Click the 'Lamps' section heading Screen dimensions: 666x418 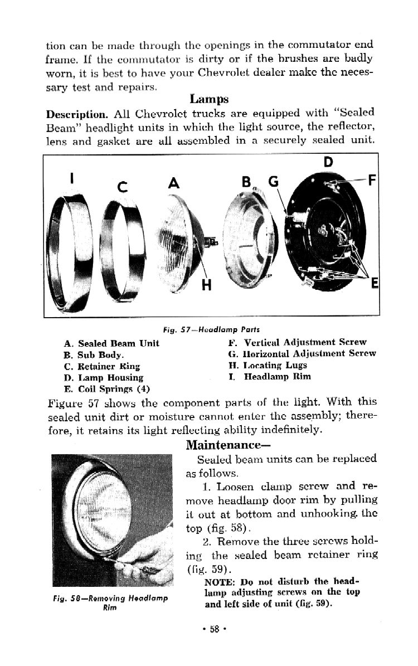(209, 100)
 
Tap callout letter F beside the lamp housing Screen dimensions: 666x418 (372, 180)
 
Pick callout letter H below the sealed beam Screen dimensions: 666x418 (207, 285)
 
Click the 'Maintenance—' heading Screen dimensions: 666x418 (223, 445)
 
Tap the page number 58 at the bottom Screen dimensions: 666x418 (213, 629)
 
